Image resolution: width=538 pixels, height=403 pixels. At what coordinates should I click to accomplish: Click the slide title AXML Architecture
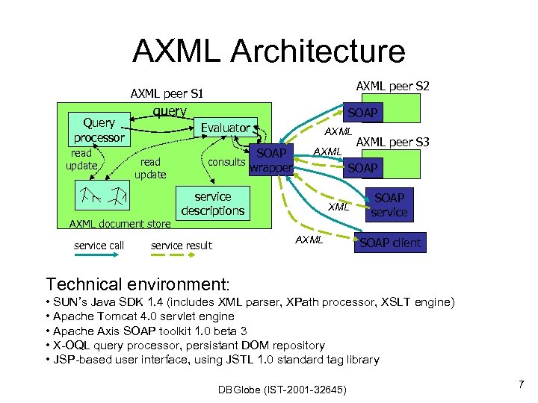point(269,51)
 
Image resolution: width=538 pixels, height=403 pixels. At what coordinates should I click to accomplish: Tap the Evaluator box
point(225,128)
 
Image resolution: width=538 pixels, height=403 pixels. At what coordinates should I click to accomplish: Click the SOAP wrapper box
point(270,160)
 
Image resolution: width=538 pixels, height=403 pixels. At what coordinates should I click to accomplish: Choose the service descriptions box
point(212,204)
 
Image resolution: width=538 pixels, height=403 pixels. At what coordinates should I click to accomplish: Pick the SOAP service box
point(389,204)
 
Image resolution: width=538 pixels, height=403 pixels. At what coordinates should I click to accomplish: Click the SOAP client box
point(390,243)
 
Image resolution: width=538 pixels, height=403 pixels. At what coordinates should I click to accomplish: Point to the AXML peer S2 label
point(392,87)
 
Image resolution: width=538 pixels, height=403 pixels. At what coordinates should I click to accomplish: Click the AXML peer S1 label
point(167,94)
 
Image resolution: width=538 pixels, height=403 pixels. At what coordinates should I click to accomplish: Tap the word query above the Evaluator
point(169,111)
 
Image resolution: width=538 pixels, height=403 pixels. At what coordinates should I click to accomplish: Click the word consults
point(226,162)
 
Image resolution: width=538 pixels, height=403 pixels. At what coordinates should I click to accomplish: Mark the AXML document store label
point(120,223)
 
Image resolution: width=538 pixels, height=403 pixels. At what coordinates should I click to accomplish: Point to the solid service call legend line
point(99,257)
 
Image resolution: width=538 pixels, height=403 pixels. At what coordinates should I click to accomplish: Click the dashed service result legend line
point(181,257)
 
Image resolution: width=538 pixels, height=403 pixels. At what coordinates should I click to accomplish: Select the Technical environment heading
point(138,284)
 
